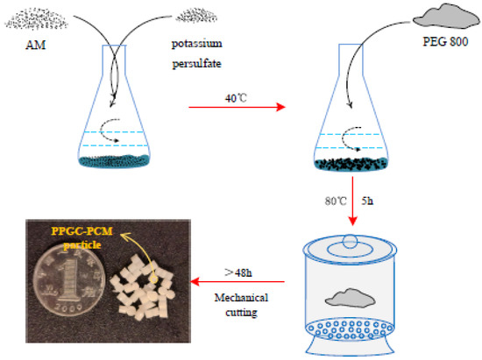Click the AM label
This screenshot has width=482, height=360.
click(x=36, y=46)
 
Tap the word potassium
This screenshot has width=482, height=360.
click(x=196, y=44)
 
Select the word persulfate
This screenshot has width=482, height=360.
click(x=196, y=64)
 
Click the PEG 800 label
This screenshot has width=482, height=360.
click(x=445, y=41)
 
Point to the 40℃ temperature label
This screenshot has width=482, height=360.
click(x=236, y=98)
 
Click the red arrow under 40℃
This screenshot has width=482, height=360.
click(x=237, y=107)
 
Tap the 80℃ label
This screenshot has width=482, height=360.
click(x=336, y=201)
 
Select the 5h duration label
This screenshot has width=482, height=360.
click(x=367, y=201)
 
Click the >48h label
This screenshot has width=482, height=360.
click(x=238, y=272)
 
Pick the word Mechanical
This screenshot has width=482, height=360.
click(x=241, y=297)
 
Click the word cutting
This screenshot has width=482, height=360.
click(x=241, y=313)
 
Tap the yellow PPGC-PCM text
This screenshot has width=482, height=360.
click(x=82, y=230)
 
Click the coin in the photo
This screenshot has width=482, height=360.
click(x=69, y=280)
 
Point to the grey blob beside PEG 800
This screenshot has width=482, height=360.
click(x=446, y=17)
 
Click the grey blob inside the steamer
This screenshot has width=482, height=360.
click(x=350, y=298)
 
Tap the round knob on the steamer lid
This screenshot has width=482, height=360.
click(x=351, y=240)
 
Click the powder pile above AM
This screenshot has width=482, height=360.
click(x=36, y=19)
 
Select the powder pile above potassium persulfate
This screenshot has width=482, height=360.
click(x=196, y=16)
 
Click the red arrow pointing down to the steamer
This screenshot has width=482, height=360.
click(x=352, y=201)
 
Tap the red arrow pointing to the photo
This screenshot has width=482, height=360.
click(x=237, y=281)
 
